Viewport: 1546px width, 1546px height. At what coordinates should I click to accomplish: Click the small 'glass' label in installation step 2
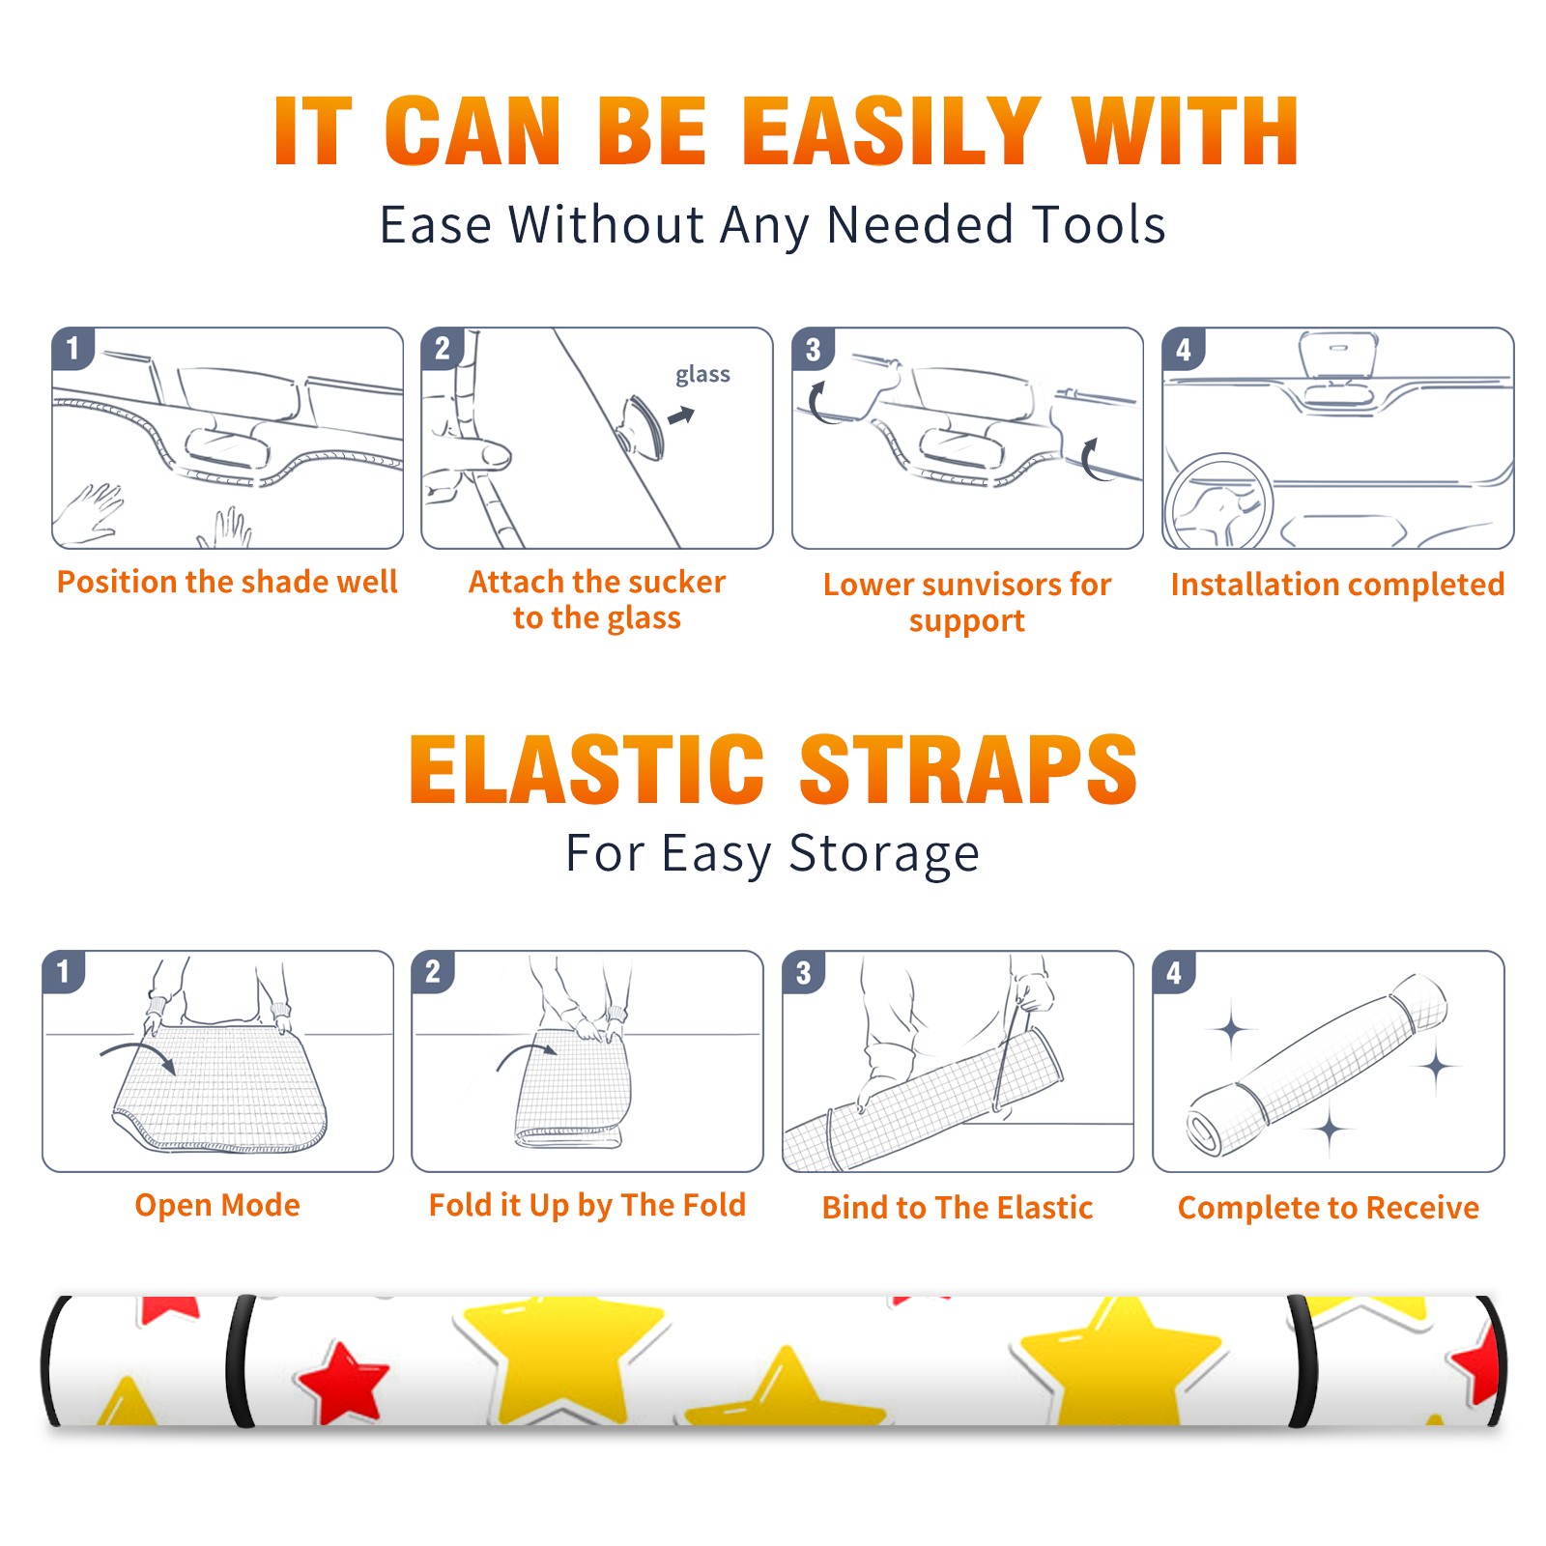tap(702, 375)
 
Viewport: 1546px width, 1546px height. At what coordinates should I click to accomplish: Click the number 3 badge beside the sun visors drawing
tap(813, 349)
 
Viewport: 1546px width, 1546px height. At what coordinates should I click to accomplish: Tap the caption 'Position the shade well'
tap(227, 583)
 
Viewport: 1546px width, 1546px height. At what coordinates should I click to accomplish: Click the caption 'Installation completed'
tap(1337, 585)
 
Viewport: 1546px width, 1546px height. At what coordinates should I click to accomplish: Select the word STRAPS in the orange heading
tap(968, 769)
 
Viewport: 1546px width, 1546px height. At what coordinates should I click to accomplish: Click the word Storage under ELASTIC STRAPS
tap(884, 854)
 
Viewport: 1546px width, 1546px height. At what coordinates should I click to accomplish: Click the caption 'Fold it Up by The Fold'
tap(587, 1206)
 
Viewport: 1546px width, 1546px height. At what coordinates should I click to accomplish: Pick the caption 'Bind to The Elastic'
tap(958, 1208)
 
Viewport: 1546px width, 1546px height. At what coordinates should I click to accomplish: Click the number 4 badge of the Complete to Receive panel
tap(1174, 972)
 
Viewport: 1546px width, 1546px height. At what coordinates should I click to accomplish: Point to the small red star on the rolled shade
tap(344, 1382)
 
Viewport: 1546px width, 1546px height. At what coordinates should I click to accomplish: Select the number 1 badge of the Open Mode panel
tap(64, 971)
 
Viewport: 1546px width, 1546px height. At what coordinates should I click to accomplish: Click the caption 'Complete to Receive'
tap(1329, 1209)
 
